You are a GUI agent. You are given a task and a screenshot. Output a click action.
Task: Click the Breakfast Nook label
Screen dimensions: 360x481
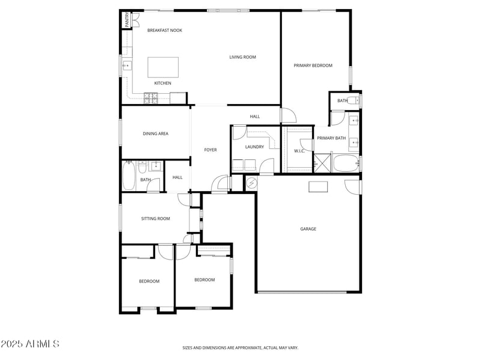coord(165,31)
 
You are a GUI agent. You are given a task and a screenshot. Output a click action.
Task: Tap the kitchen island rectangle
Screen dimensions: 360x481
coord(163,66)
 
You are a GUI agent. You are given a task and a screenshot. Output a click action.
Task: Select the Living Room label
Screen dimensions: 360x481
coord(242,58)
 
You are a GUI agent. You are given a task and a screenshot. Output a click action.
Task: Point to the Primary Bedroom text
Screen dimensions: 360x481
coord(313,66)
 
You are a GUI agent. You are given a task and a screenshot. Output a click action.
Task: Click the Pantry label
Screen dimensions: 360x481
coord(127,20)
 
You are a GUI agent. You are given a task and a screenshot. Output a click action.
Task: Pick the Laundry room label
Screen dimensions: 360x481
coord(255,147)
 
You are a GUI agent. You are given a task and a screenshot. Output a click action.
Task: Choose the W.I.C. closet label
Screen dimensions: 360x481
coord(299,151)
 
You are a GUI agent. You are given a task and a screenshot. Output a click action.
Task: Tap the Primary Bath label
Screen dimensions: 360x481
coord(331,138)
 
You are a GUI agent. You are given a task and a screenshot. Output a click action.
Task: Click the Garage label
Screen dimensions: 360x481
coord(308,228)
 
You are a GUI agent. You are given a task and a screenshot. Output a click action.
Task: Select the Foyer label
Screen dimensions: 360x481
coord(210,150)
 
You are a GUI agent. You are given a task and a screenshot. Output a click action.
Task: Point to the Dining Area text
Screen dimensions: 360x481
coord(155,133)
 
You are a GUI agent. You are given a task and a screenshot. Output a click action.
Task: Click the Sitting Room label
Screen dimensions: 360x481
coord(156,219)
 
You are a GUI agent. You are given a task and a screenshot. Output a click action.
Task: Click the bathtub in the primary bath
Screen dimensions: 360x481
coord(345,163)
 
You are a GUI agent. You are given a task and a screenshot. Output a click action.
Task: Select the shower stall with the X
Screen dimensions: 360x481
coord(322,163)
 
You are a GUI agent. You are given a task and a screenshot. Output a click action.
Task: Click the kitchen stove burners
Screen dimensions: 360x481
coord(149,97)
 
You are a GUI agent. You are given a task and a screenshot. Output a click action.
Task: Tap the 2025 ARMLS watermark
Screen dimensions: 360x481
coord(29,344)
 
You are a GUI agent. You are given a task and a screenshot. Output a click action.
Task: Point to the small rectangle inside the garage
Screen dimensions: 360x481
coord(318,187)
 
